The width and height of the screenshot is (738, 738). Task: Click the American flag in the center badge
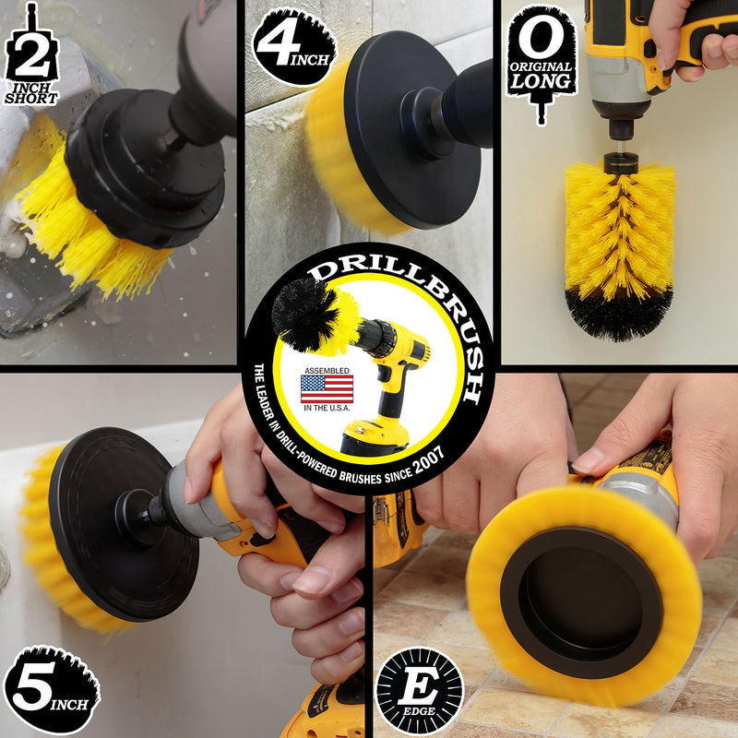coord(327,389)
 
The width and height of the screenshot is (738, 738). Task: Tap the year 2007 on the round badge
coord(428,461)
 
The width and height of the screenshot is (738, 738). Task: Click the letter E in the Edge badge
coord(420,685)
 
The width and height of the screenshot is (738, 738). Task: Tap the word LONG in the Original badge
coord(541,81)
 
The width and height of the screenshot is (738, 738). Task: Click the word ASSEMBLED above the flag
coord(327,371)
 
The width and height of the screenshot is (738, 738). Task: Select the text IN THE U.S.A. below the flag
coord(327,408)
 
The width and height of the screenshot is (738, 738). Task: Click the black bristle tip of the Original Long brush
coord(619,314)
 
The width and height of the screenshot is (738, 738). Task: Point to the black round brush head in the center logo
coord(304,313)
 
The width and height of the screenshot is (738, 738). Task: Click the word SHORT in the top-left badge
coord(31,99)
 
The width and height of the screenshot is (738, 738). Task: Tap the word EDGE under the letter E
coord(419,710)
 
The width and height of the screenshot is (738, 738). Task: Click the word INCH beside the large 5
coord(69,704)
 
